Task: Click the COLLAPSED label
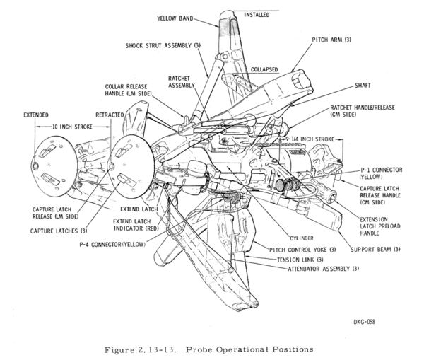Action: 264,70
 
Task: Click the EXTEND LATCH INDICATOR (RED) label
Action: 137,226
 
